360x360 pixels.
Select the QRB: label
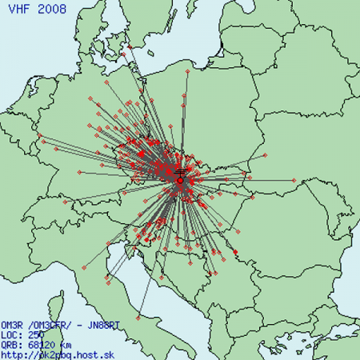point(11,344)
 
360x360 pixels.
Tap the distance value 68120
point(39,344)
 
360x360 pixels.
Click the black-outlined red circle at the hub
point(180,181)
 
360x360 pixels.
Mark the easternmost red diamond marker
point(294,179)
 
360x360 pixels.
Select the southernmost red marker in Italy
point(138,318)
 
